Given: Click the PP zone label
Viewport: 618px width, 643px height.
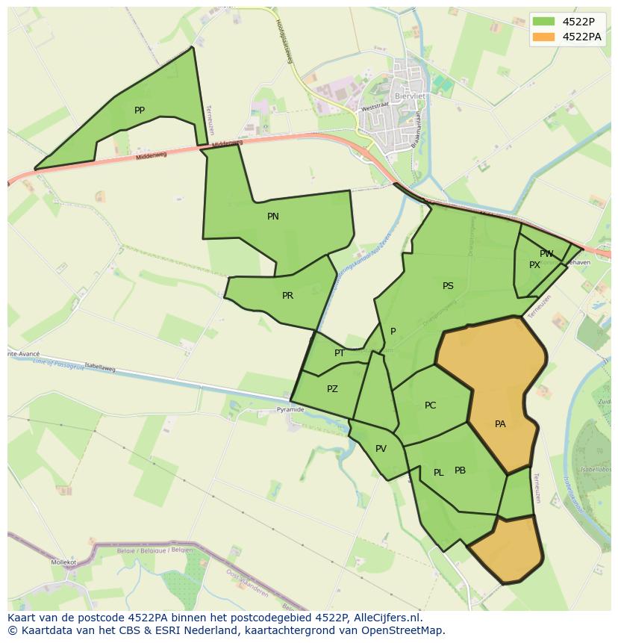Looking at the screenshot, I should [x=140, y=111].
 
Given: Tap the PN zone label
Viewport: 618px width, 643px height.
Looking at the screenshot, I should [x=273, y=217].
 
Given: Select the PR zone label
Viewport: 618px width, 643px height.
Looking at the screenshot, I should [x=287, y=296].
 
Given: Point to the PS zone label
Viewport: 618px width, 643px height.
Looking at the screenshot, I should [x=448, y=286].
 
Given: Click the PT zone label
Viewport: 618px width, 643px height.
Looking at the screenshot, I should [x=340, y=353].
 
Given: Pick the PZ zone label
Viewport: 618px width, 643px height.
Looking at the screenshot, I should [x=332, y=389].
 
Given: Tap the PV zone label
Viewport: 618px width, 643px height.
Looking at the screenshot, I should [x=381, y=449].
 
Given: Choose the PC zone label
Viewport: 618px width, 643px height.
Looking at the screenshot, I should [x=430, y=406].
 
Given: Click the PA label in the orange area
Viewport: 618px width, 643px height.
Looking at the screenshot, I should [x=500, y=424].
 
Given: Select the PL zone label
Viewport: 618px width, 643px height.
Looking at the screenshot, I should [x=439, y=473].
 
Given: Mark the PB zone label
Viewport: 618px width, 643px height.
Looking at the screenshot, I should [x=460, y=470].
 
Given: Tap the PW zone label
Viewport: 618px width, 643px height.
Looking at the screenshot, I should [x=546, y=254].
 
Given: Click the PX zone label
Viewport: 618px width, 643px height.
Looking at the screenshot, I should [x=534, y=265].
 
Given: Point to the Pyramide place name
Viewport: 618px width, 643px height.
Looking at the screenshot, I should [x=290, y=410].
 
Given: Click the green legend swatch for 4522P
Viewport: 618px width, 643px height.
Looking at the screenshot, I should [x=543, y=21].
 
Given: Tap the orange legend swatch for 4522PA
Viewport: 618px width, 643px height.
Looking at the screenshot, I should [x=543, y=37].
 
